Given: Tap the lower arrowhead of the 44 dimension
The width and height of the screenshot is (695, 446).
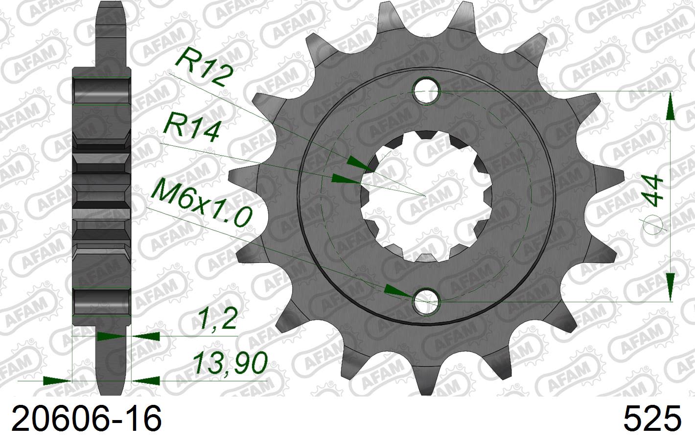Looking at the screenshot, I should point(669,287).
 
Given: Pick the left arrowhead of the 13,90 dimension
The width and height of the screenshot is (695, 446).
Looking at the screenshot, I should point(56,380).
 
